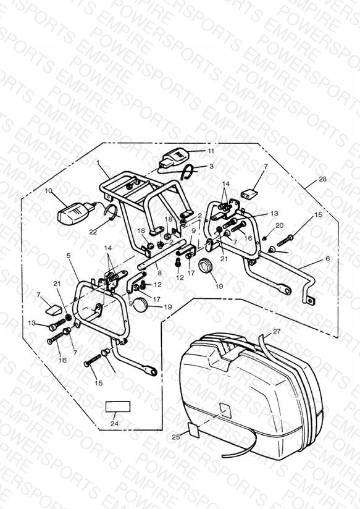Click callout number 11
[x=211, y=151]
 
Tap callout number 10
[x=48, y=190]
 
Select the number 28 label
[x=322, y=179]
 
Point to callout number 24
[x=114, y=424]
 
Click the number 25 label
[x=175, y=437]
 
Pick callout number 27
[x=276, y=332]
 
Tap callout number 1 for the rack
[x=98, y=161]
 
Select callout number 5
[x=68, y=256]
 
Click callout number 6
[x=327, y=258]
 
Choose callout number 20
[x=280, y=225]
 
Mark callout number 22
[x=93, y=232]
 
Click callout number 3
[x=211, y=166]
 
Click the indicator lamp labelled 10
[x=74, y=212]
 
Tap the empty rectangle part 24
[x=118, y=406]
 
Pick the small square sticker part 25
[x=195, y=430]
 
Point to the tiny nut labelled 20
[x=264, y=238]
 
